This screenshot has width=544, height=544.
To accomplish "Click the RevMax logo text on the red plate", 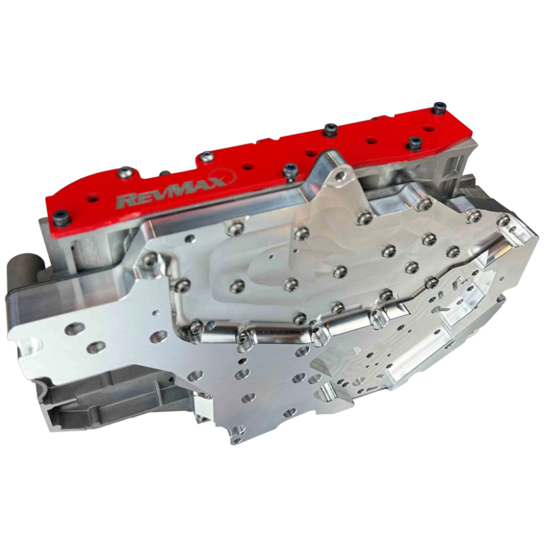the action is click(170, 192).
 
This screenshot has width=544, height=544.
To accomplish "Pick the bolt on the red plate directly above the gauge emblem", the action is click(207, 157).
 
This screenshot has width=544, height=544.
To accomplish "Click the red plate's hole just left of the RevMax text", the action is click(93, 198).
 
